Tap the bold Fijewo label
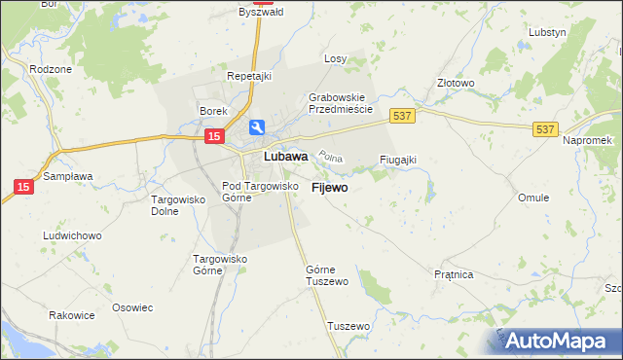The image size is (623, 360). [x=329, y=188]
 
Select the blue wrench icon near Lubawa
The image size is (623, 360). [x=257, y=127]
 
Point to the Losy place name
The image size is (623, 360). [x=335, y=58]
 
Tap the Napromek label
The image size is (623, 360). [x=586, y=142]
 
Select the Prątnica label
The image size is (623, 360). [x=454, y=275]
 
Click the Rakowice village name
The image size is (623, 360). [x=71, y=315]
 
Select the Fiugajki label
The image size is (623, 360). [x=397, y=160]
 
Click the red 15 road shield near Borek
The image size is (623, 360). [x=211, y=138]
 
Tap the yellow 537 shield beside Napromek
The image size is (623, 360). [x=545, y=127]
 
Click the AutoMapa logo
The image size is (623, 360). [x=557, y=341]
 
